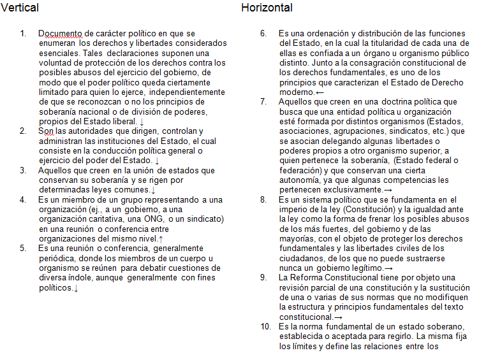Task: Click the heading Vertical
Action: point(20,8)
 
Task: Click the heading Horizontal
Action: point(267,8)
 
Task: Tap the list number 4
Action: point(22,199)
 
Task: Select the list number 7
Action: point(263,101)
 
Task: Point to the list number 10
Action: point(266,327)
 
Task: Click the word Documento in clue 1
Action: point(61,33)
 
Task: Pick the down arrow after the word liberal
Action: point(142,121)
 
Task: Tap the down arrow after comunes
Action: point(153,190)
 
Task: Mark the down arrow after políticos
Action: point(76,288)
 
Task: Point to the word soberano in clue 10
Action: point(404,327)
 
